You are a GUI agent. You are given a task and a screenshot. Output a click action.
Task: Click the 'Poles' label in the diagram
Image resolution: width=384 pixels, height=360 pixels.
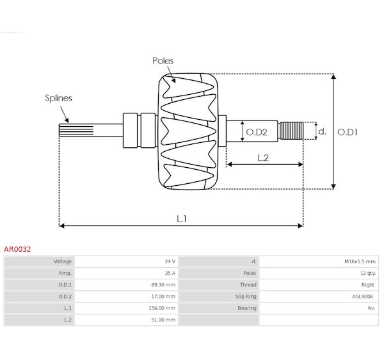tap(163, 61)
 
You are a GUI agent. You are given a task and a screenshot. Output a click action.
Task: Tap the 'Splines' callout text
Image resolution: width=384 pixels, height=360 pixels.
tap(58, 98)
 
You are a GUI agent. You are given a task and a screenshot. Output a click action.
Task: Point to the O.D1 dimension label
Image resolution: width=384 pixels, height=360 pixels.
tap(348, 132)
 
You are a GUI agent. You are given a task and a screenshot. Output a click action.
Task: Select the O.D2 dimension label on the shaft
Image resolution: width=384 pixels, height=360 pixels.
tap(256, 132)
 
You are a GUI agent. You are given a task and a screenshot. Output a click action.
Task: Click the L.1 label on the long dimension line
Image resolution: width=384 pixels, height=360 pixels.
tap(182, 218)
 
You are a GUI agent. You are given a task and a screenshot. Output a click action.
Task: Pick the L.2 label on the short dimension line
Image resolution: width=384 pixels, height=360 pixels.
tap(263, 158)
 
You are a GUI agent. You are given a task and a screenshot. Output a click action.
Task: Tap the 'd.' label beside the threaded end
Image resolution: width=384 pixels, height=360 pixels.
tap(323, 131)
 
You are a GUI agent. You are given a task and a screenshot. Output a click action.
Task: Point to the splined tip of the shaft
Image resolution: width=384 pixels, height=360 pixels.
tap(71, 131)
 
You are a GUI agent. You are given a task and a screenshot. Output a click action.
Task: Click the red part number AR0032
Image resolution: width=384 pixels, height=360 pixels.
tap(18, 249)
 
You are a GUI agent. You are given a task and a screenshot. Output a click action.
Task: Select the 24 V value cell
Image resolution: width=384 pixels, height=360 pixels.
tap(170, 261)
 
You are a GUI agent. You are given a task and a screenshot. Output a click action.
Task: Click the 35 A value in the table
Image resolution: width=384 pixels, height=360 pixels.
tap(170, 273)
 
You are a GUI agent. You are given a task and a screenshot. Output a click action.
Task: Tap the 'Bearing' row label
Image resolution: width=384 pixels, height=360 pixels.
tap(246, 308)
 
